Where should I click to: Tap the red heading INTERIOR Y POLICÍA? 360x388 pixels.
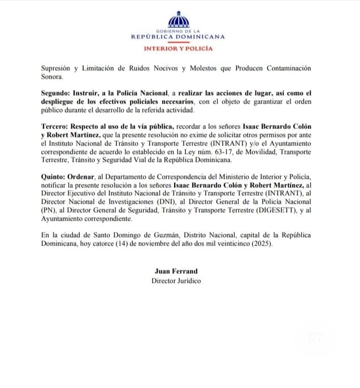coord(179,49)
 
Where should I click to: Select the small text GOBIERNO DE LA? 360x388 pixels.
coord(179,31)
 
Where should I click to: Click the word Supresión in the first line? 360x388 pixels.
coord(58,68)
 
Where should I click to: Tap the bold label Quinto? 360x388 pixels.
coord(55,176)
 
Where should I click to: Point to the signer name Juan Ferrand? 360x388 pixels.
coord(176,271)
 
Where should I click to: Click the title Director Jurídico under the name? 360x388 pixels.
coord(176,281)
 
